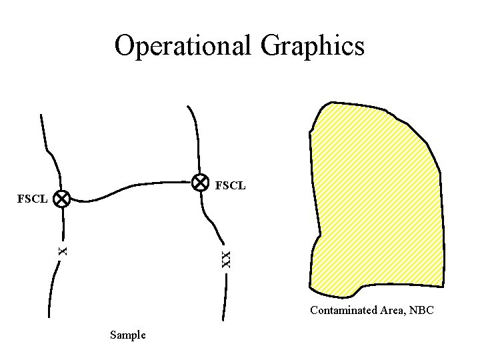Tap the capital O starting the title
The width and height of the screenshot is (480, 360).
click(125, 46)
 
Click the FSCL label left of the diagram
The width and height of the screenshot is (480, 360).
click(32, 199)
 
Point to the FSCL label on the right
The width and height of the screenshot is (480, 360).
click(231, 185)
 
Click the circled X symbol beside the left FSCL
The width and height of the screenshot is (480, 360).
click(61, 199)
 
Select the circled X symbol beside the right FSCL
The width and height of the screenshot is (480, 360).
click(199, 181)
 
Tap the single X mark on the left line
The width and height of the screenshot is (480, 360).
click(61, 251)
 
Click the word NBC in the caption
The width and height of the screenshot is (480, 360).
click(422, 310)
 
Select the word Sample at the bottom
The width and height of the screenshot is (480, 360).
click(127, 335)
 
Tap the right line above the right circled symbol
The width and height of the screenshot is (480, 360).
click(196, 140)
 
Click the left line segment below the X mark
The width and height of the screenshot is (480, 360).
click(50, 293)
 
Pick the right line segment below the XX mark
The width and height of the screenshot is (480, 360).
click(225, 293)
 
